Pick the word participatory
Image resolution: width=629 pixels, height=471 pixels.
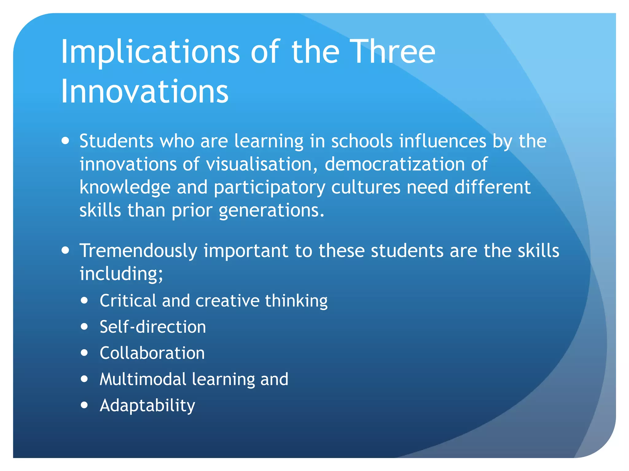click(x=269, y=187)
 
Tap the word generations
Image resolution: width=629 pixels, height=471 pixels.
click(x=272, y=211)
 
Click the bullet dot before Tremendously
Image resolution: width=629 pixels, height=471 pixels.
click(x=65, y=250)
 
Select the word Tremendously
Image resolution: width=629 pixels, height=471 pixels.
click(x=138, y=251)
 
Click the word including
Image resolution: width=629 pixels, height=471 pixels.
click(x=121, y=274)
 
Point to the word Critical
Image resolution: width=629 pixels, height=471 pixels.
click(x=128, y=301)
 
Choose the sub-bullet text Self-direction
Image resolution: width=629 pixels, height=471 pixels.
click(x=153, y=327)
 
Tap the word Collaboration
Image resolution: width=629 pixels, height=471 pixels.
click(x=152, y=353)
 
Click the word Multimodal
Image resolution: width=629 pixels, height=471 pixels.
click(x=143, y=379)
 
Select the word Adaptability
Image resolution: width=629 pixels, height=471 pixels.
click(x=147, y=406)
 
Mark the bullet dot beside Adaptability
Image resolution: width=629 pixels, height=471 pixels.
click(x=84, y=405)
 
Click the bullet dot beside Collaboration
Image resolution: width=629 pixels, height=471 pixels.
click(x=84, y=353)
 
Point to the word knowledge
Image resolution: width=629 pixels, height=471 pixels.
click(x=125, y=187)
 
